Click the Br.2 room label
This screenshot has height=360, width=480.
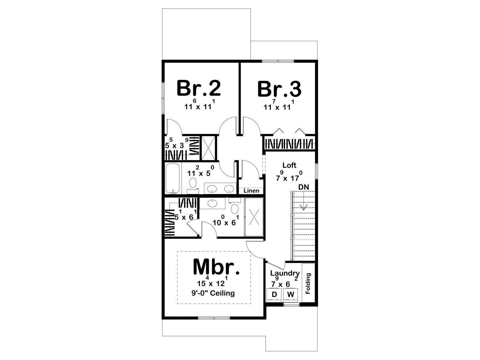pos(199,88)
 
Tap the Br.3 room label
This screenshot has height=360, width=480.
pos(280,89)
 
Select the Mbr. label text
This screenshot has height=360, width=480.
pos(216,267)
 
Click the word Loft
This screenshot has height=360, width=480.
pos(289,165)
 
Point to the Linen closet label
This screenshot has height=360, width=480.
pos(251,190)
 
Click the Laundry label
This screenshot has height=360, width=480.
pos(285,273)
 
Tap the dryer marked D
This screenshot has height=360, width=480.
pos(274,295)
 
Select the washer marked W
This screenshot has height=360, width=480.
pos(291,295)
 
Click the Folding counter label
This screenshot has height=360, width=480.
pos(308,283)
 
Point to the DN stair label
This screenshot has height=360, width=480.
pos(304,187)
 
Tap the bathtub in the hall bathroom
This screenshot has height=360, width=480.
pos(173,178)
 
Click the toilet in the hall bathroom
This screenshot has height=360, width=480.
pos(193,185)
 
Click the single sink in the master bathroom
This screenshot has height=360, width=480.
pos(212,203)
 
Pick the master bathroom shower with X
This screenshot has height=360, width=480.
pos(254,217)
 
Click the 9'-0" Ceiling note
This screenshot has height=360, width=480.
pos(213,293)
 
